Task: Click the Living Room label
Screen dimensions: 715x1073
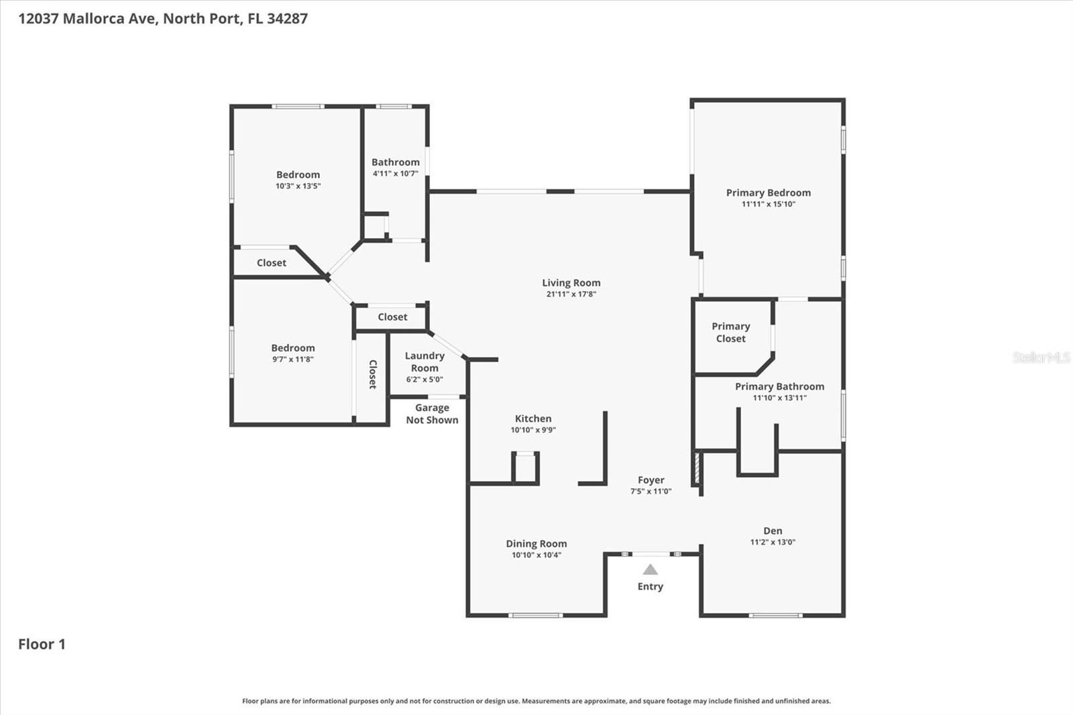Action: (x=571, y=282)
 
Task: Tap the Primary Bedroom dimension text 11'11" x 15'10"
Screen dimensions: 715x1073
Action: (x=768, y=204)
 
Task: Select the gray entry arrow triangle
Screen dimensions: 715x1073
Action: (x=650, y=569)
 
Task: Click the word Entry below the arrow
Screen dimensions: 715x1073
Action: (x=650, y=586)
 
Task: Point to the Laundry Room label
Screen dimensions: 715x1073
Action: (x=425, y=362)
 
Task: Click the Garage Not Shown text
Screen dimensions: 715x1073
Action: (x=432, y=414)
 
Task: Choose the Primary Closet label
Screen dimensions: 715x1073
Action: (x=730, y=332)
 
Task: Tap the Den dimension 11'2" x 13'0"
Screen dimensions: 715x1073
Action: (x=773, y=542)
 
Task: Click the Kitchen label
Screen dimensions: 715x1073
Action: (x=533, y=419)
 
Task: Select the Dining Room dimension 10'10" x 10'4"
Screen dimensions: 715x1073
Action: (x=536, y=555)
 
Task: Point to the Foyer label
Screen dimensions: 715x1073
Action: (x=651, y=480)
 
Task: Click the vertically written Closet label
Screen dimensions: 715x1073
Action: (x=373, y=374)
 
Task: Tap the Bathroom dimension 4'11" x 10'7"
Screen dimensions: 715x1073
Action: (x=395, y=173)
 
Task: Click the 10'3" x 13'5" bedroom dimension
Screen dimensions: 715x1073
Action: (x=298, y=186)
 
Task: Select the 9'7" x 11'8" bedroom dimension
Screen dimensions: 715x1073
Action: (x=293, y=359)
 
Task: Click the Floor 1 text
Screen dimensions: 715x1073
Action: (x=42, y=644)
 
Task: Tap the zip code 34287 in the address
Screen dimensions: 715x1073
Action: (x=287, y=18)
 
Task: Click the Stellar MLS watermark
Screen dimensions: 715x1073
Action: (x=1041, y=357)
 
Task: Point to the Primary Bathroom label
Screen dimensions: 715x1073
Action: (x=779, y=386)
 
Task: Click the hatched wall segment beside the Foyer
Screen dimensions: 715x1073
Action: (x=697, y=467)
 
